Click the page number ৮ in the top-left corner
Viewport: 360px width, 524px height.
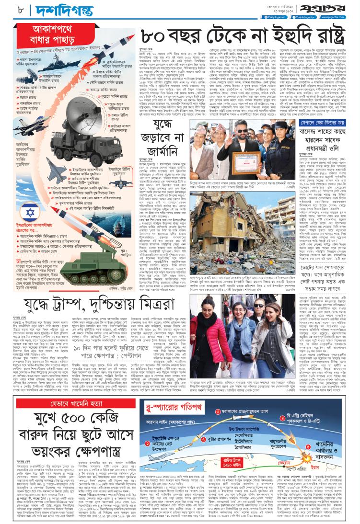click(9, 9)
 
